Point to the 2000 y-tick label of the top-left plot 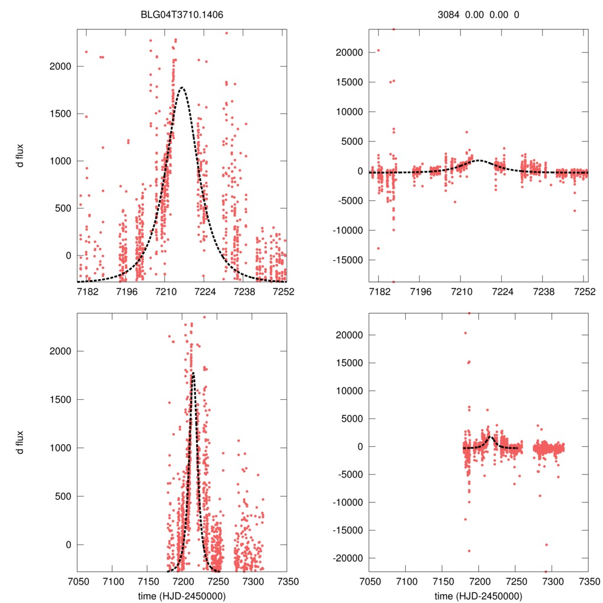pyautogui.click(x=60, y=66)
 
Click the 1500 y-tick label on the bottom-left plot pyautogui.click(x=60, y=399)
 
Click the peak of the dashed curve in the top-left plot pyautogui.click(x=183, y=88)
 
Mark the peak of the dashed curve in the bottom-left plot pyautogui.click(x=193, y=372)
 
